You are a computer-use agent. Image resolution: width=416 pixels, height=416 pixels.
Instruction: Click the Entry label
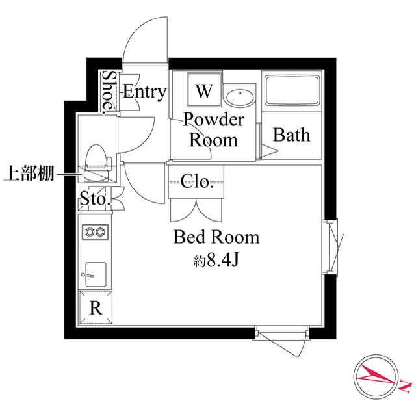click(144, 92)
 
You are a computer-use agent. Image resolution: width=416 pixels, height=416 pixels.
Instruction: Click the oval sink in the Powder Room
click(240, 97)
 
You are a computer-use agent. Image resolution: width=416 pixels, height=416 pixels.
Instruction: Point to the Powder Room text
click(213, 130)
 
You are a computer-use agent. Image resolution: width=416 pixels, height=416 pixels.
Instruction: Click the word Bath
click(291, 135)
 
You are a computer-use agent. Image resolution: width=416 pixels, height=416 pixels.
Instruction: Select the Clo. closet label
click(197, 181)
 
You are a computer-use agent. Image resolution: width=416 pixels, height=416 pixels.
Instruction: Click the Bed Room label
click(216, 237)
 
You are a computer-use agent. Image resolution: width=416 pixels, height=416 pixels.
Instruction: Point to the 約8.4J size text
click(216, 261)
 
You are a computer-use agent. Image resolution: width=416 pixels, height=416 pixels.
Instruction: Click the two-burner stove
click(95, 231)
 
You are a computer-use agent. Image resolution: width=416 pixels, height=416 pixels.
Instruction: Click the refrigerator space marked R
click(95, 309)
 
